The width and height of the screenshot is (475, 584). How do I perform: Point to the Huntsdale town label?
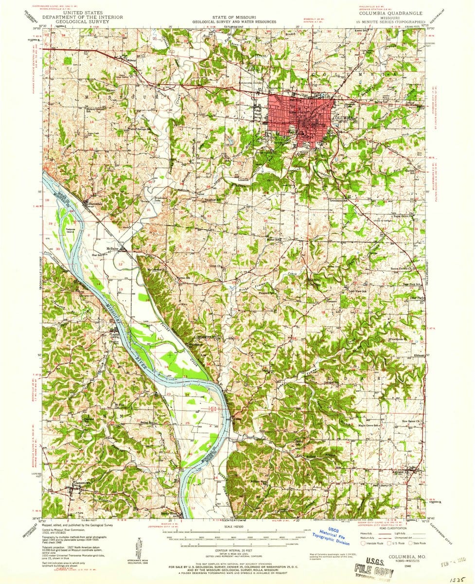(93, 203)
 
